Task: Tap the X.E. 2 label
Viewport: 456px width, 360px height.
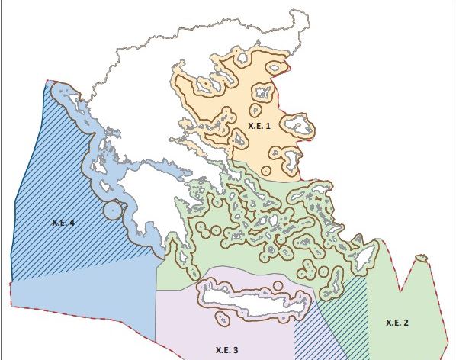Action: [397, 323]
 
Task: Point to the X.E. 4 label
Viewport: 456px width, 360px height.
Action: [63, 223]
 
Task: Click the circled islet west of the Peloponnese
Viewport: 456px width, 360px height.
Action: [112, 209]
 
